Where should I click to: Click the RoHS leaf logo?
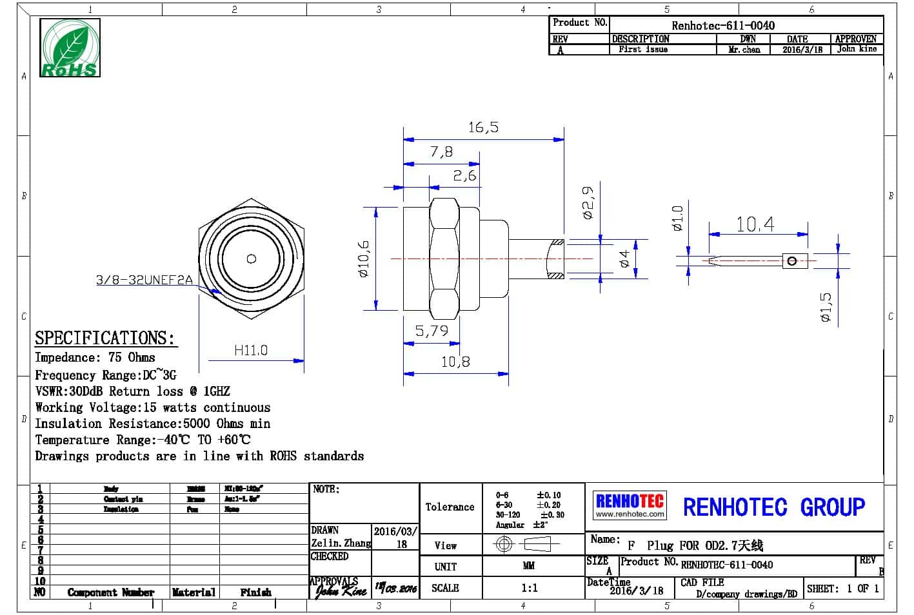click(70, 48)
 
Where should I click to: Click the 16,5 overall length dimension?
click(483, 127)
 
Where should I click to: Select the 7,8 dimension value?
click(441, 152)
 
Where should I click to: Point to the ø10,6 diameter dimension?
click(364, 259)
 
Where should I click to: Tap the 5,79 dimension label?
click(431, 331)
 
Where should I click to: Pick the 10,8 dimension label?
click(455, 362)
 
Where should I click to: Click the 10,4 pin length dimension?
click(755, 224)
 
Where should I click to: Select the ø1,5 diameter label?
click(826, 307)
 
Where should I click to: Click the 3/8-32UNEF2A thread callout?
click(144, 280)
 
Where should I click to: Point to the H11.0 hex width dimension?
click(250, 350)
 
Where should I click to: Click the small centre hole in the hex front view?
click(252, 259)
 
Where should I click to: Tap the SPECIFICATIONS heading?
click(104, 338)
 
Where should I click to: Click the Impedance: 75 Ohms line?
click(95, 357)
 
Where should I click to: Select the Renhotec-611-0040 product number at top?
click(723, 25)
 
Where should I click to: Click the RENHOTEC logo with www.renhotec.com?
click(630, 505)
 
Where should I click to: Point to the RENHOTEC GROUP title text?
click(773, 507)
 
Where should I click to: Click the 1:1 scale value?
click(529, 588)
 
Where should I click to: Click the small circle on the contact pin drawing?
click(793, 260)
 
